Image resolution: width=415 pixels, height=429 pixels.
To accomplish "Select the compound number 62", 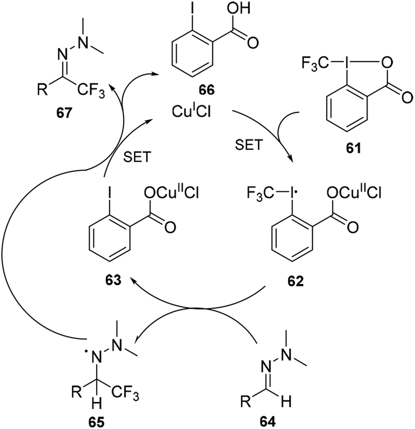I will (x=294, y=281).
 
